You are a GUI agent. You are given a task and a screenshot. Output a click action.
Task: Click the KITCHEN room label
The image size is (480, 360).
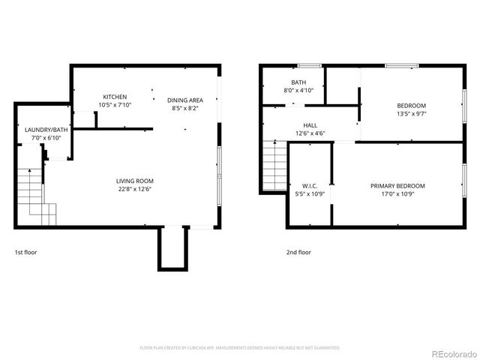tap(115, 97)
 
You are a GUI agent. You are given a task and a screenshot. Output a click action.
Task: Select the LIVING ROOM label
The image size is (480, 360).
tap(135, 181)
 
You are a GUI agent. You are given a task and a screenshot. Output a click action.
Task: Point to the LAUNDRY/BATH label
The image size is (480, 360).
tap(46, 130)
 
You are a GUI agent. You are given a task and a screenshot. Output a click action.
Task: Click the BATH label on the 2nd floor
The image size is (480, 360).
tap(298, 82)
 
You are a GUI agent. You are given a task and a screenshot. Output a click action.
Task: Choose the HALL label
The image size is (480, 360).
tap(310, 125)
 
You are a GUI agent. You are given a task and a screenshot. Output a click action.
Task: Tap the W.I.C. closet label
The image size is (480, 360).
tap(310, 186)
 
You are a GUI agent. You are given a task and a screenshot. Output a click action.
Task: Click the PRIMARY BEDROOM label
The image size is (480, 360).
tap(397, 186)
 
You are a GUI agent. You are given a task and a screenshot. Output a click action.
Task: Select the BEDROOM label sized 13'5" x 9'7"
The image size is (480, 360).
tap(411, 105)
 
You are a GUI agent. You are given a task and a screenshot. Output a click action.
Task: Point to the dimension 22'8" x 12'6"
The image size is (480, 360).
tap(135, 189)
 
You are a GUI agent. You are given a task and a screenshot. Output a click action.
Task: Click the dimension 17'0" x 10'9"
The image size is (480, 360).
tap(397, 194)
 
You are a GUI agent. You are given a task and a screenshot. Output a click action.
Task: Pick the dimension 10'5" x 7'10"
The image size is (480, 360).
tap(115, 105)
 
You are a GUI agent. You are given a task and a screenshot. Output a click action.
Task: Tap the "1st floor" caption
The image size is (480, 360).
tap(25, 253)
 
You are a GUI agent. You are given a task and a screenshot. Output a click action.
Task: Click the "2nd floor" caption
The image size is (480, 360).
tap(298, 253)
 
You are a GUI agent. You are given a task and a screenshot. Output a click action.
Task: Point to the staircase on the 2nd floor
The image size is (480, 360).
tap(274, 165)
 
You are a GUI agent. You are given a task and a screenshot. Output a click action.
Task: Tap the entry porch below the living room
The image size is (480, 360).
tap(171, 247)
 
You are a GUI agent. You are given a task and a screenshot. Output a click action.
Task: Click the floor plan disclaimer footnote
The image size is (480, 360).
tap(240, 348)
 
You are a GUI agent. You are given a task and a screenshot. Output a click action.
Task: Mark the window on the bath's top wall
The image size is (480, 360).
tap(310, 66)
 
